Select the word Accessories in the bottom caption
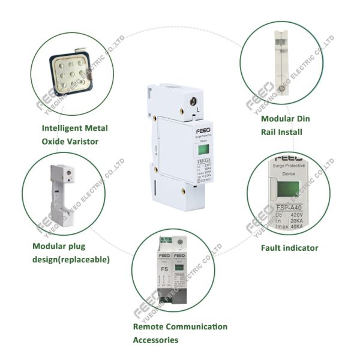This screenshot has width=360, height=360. tap(155, 340)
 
